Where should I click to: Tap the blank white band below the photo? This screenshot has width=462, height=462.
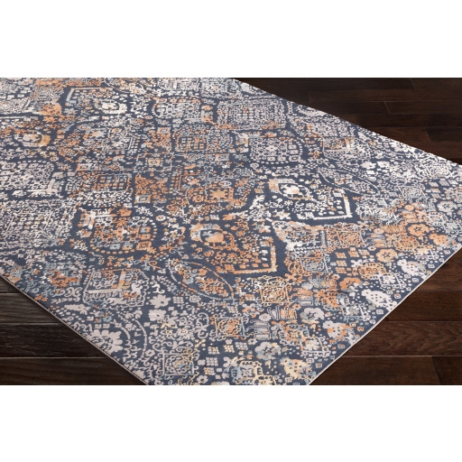(231, 424)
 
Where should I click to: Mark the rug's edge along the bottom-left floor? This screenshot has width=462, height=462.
(54, 304)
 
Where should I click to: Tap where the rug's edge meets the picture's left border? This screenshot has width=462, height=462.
(2, 275)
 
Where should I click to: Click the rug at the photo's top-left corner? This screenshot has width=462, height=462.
(7, 84)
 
